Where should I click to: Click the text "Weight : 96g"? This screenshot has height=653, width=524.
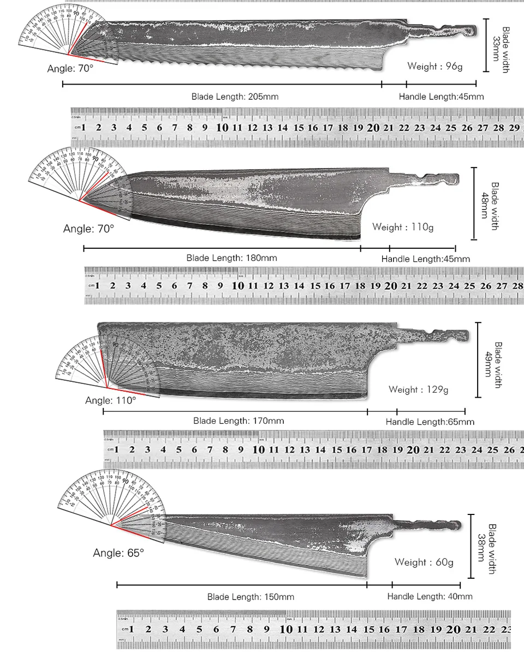coord(434,67)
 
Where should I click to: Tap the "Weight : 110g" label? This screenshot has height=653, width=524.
coord(403,227)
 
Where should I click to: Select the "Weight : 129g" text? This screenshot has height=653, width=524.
coord(418,390)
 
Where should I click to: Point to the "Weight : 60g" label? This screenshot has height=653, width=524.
coord(424,562)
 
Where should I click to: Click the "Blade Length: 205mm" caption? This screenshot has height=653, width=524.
coord(235,97)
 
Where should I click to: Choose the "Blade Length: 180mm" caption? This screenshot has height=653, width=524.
coord(231,257)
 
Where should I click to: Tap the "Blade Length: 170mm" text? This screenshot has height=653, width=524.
coord(239,421)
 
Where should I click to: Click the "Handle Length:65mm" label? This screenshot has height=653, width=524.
coord(430,422)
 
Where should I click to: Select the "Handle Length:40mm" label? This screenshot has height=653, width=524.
coord(430,597)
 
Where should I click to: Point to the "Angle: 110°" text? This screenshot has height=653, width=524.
coord(110,400)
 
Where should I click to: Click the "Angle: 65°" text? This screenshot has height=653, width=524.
coord(118,553)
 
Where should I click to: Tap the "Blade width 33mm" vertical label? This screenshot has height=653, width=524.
coord(501,49)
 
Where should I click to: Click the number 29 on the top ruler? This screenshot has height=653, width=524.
coord(514,128)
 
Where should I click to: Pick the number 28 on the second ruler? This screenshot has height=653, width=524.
coord(516,285)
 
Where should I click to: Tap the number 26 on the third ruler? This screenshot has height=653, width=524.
coord(509,450)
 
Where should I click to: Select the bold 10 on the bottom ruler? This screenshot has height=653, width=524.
coord(286,629)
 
